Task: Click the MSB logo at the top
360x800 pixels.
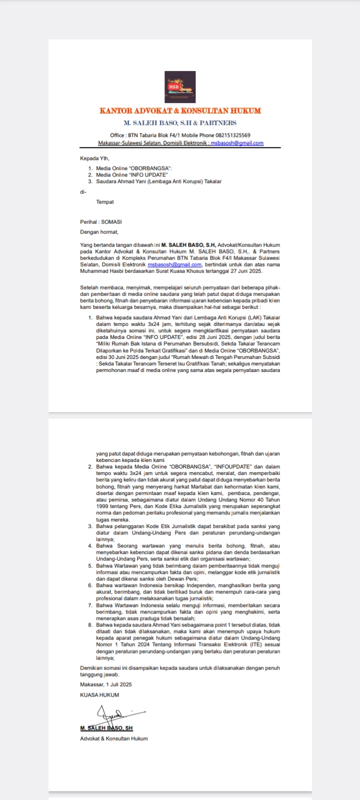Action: tap(180, 87)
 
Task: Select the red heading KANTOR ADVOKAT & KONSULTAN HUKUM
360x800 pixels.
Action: tap(180, 111)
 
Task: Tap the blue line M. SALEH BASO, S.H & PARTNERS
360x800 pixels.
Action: tap(180, 123)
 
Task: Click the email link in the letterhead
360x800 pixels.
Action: tap(237, 143)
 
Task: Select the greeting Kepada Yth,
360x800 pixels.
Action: tap(94, 158)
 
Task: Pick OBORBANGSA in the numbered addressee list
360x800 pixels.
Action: tap(149, 169)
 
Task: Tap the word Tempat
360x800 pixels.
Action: tap(105, 202)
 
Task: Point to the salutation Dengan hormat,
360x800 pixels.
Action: tap(99, 232)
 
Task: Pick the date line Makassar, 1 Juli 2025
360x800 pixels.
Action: tap(106, 684)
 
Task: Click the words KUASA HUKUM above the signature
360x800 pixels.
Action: tap(99, 695)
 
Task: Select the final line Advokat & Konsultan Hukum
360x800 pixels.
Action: tap(114, 738)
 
